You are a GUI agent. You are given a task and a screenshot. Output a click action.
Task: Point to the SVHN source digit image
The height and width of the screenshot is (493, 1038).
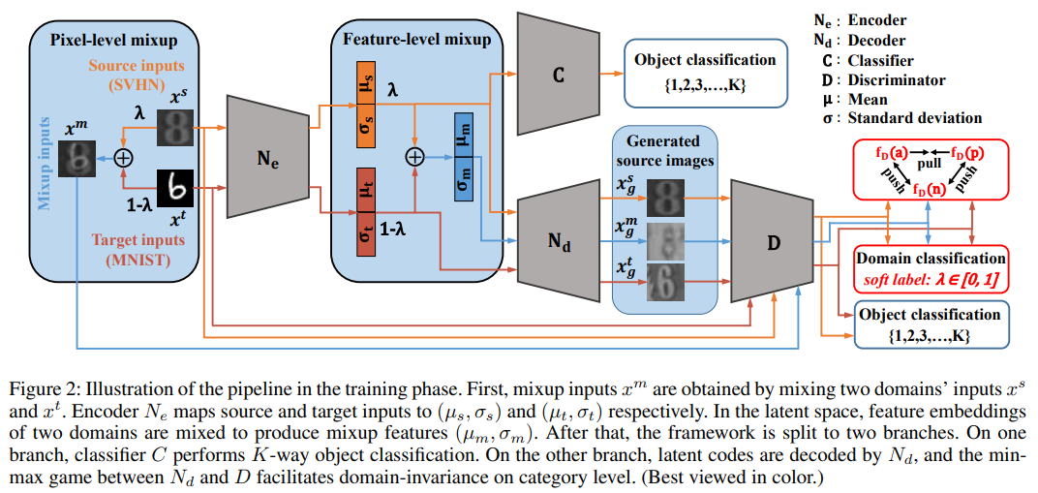click(175, 126)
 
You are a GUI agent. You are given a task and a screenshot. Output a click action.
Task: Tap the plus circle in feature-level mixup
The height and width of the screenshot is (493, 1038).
click(414, 156)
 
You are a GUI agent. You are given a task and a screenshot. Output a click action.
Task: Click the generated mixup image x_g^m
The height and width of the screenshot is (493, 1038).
click(665, 237)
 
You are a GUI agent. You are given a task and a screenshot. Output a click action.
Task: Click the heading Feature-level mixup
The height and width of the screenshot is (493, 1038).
click(416, 40)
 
